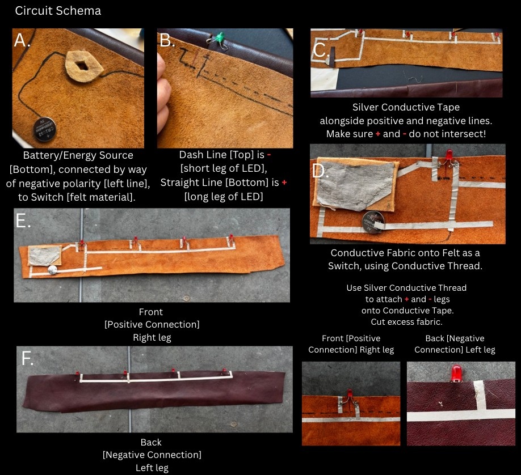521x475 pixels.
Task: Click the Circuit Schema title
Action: click(x=58, y=11)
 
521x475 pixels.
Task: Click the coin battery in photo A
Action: click(x=44, y=129)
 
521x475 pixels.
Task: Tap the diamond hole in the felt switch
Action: click(x=82, y=66)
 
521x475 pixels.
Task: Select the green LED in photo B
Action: click(x=219, y=37)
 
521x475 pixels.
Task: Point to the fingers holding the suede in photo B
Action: click(x=164, y=93)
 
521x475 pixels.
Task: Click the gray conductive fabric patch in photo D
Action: click(x=354, y=186)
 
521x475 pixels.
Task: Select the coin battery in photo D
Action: click(x=373, y=222)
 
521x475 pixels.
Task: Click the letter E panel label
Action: click(x=23, y=220)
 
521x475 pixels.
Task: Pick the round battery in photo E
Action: click(x=53, y=270)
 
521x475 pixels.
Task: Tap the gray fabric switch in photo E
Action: click(x=44, y=256)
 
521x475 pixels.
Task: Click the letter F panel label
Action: click(x=27, y=358)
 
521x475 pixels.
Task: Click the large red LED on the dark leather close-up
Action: click(x=456, y=373)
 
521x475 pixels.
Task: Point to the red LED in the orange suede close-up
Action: click(x=350, y=393)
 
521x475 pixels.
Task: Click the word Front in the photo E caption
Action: click(x=151, y=312)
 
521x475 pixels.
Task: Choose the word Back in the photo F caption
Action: click(x=151, y=443)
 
